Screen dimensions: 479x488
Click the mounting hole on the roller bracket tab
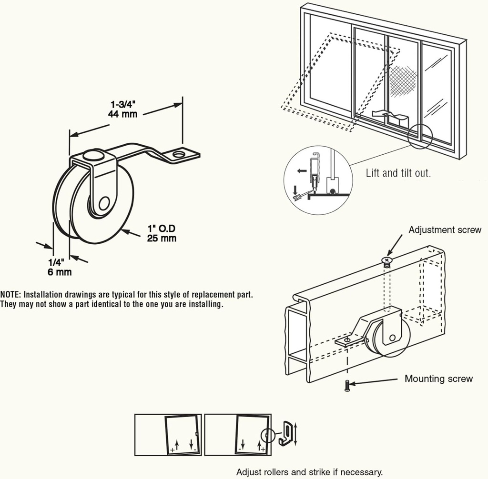coord(179,155)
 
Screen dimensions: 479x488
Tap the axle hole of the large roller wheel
coord(103,204)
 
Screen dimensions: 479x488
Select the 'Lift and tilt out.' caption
coord(398,173)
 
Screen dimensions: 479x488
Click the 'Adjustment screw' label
coord(445,230)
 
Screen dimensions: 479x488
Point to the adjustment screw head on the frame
coord(386,259)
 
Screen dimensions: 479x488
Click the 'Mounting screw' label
coord(438,379)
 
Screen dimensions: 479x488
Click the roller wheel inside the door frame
coord(390,338)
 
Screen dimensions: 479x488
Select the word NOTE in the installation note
coord(10,294)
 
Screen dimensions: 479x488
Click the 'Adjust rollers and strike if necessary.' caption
coord(309,472)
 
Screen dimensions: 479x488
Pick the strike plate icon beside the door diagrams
coord(286,433)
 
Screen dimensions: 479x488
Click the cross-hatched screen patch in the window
coord(404,77)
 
